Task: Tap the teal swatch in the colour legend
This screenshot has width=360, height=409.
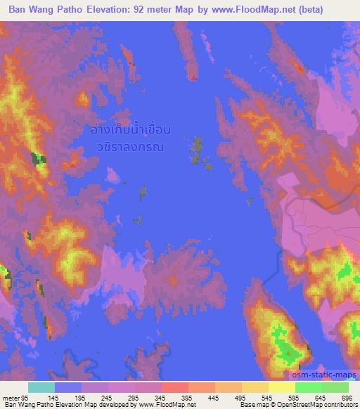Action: (x=41, y=387)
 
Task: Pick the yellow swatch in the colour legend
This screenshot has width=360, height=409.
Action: (x=282, y=387)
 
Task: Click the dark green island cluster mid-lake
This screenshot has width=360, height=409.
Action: (x=197, y=150)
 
